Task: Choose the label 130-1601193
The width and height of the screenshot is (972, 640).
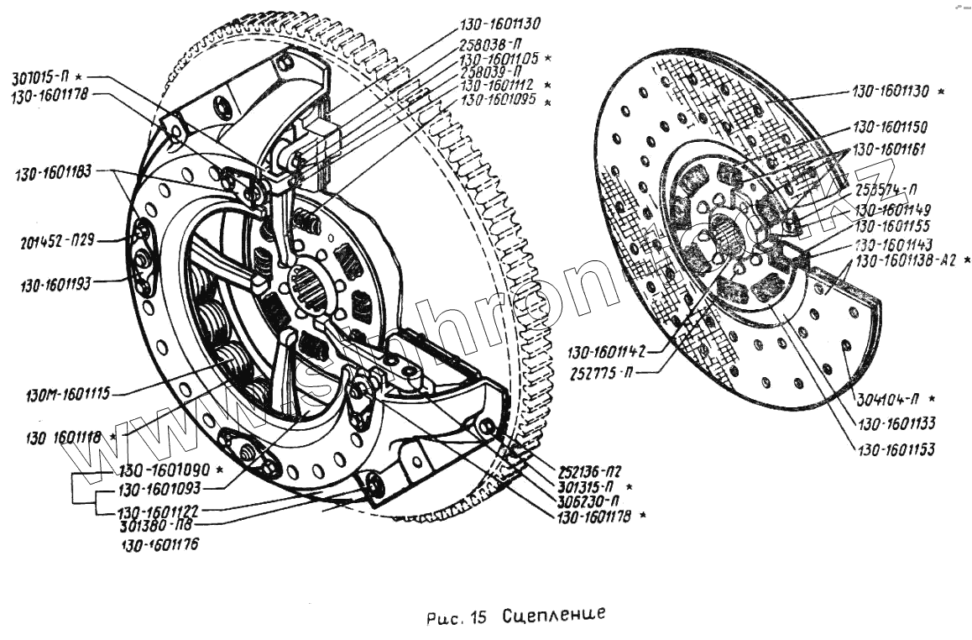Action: (x=61, y=285)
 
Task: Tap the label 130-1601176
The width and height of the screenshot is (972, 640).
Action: (x=158, y=545)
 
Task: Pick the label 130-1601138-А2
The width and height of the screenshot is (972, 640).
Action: (x=904, y=261)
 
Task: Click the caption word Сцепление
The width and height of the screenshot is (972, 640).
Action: (x=554, y=614)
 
